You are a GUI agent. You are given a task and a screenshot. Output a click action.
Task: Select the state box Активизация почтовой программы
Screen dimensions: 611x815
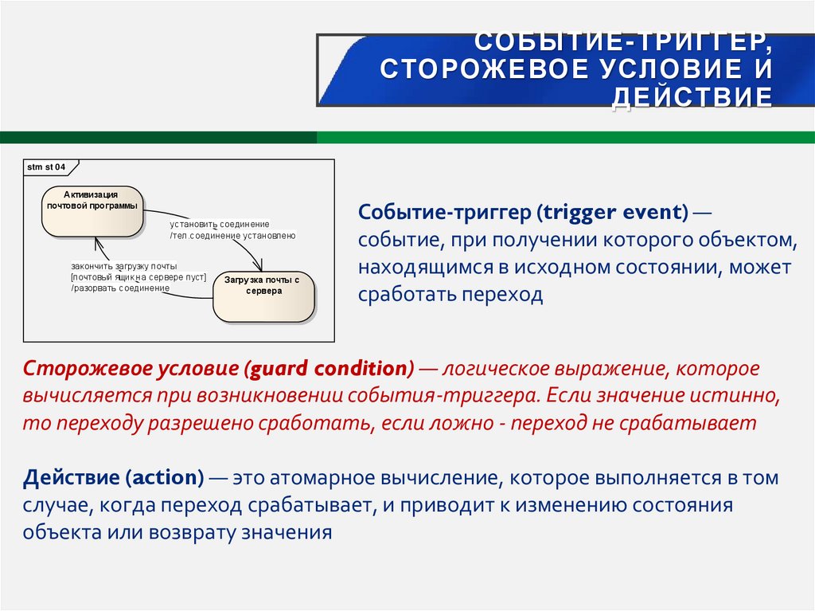[x=92, y=211]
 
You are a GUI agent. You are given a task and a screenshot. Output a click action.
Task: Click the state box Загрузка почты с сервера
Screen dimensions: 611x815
[x=263, y=296]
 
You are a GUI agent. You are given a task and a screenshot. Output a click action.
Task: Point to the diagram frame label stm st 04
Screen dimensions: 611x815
[x=46, y=167]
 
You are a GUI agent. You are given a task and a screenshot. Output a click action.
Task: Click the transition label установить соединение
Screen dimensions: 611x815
[x=219, y=225]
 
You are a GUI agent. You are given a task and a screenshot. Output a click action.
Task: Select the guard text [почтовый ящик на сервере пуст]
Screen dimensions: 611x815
[x=138, y=277]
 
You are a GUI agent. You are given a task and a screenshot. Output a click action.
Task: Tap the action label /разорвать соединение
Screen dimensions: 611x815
[x=120, y=288]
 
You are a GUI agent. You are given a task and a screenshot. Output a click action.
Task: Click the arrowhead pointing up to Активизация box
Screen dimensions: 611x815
[x=96, y=242]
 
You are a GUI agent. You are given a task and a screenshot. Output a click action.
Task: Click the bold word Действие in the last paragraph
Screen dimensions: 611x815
[x=70, y=478]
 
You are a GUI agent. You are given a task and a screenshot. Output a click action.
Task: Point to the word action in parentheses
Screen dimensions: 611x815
[x=166, y=478]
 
